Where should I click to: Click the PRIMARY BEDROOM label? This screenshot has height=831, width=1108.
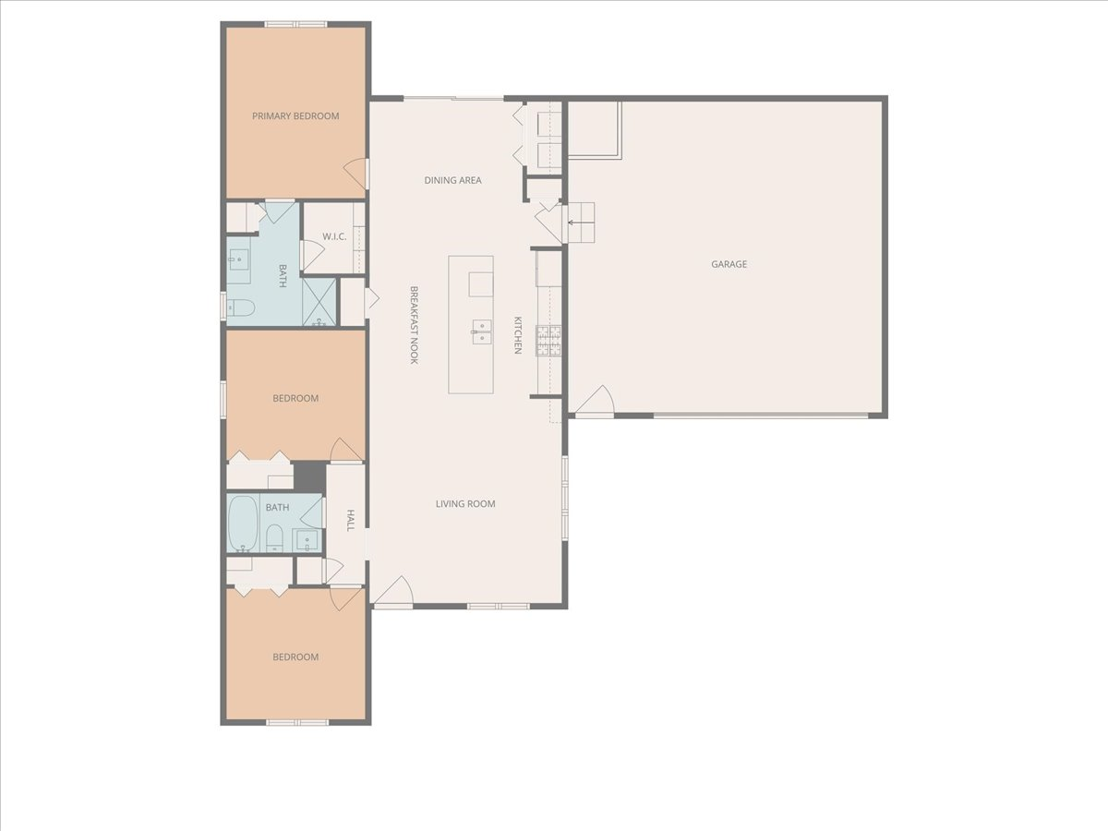(x=295, y=116)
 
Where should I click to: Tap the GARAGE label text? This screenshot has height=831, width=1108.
(x=729, y=264)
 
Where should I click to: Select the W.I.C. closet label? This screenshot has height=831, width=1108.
(x=334, y=237)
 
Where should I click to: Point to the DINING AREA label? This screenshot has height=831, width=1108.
(x=452, y=180)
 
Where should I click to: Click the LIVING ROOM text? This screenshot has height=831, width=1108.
(x=465, y=504)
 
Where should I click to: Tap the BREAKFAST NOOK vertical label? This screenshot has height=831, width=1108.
(x=415, y=324)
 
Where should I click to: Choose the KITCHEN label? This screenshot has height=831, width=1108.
(x=518, y=335)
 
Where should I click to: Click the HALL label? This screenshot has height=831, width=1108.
(x=350, y=521)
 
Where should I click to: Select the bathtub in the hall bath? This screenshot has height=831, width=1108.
(x=243, y=524)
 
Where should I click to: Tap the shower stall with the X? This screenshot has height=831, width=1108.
(x=320, y=302)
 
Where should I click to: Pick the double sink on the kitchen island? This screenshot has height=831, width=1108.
(x=481, y=331)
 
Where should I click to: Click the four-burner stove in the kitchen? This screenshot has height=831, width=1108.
(x=548, y=341)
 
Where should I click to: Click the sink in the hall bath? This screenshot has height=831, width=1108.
(x=307, y=539)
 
